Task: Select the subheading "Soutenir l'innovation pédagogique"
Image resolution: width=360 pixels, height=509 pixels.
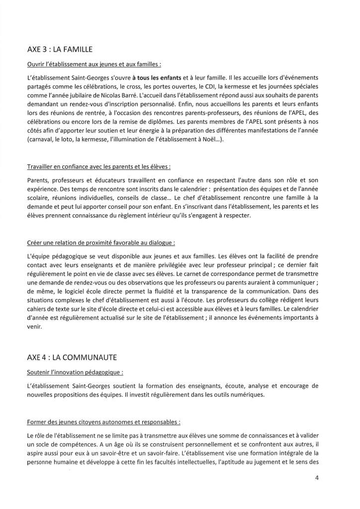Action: (76, 371)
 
